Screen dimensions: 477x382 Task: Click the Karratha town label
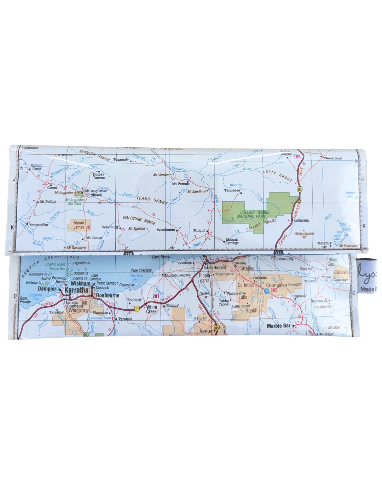pos(76,290)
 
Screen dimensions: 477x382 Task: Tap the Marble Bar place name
pos(278,326)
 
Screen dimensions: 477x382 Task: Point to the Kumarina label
pos(301,220)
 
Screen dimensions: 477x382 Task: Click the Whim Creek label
pos(151,309)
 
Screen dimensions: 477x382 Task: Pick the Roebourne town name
pos(108,295)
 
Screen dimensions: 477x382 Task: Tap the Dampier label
pos(47,289)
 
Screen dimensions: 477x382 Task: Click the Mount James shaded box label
pos(79,225)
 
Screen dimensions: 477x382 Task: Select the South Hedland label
pos(215,267)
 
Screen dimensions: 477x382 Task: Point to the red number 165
pos(297,157)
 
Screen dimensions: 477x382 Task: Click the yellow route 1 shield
pos(137,309)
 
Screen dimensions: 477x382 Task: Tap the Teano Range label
pos(152,200)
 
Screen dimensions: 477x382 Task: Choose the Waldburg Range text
pos(139,220)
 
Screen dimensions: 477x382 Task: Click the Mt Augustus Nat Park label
pos(75,202)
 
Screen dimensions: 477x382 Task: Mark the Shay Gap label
pos(332,262)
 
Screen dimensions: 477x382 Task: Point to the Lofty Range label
pos(278,175)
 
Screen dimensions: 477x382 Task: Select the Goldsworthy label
pos(284,259)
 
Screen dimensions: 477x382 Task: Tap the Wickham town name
pos(80,283)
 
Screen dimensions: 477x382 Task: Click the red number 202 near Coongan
pos(274,290)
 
